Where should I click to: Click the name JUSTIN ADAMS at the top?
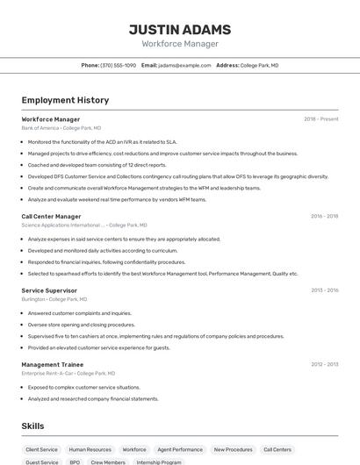180,29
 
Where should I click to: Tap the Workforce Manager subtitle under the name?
180,44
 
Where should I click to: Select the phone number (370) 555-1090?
119,65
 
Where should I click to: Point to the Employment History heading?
65,100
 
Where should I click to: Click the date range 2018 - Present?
320,119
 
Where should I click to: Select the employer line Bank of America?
61,127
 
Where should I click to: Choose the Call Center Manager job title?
51,216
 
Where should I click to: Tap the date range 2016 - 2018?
324,216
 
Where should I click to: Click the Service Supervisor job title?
49,290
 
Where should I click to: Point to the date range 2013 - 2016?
324,290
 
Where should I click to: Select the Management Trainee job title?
53,364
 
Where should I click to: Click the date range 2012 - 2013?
324,364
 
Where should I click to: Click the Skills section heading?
32,426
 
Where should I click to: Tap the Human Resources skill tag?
90,449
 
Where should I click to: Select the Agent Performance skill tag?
180,449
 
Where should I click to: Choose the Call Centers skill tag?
277,449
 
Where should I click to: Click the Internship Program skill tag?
159,461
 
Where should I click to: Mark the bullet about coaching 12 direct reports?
97,165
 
